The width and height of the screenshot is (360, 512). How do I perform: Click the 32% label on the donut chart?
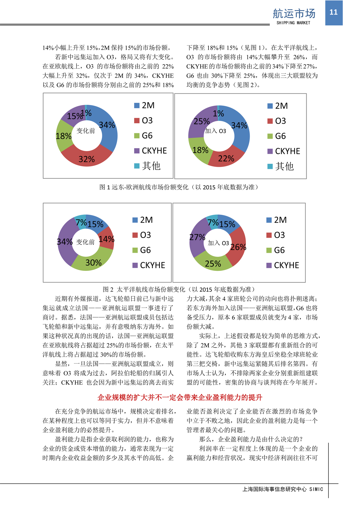click(x=87, y=159)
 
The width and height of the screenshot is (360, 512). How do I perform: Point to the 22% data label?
click(x=226, y=159)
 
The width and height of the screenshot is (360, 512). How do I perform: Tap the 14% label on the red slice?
click(x=106, y=239)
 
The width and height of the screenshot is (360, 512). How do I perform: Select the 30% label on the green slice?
click(x=93, y=263)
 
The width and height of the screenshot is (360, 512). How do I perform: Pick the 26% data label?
click(x=238, y=247)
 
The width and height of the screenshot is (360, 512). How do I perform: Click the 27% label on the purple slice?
click(x=197, y=237)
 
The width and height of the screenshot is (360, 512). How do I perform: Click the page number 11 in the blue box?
click(x=334, y=12)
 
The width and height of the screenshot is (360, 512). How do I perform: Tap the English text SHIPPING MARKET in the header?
click(x=293, y=23)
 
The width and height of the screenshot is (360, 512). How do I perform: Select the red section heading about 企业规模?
click(x=180, y=397)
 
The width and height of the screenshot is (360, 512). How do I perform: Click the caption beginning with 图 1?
click(x=179, y=187)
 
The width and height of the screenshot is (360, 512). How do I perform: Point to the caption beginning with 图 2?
click(x=179, y=289)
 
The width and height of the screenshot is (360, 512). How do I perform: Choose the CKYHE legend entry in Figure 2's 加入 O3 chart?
click(x=283, y=265)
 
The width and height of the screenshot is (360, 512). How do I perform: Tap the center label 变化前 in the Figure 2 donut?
click(x=85, y=242)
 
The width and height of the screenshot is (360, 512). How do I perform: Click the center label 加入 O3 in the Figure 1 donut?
click(x=215, y=131)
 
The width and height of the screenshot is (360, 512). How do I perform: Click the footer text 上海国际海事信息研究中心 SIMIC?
click(x=283, y=489)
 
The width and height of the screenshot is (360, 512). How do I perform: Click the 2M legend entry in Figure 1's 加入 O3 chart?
click(x=277, y=106)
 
